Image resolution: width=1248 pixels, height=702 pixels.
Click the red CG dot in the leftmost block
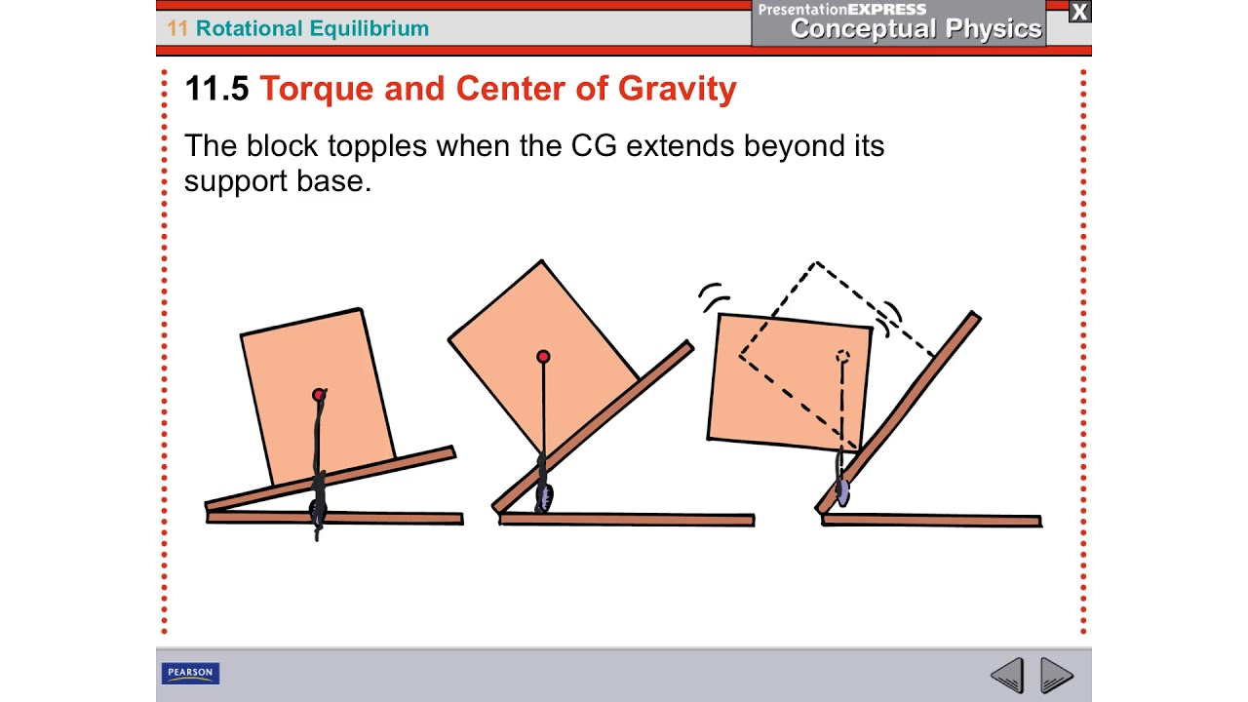click(x=318, y=395)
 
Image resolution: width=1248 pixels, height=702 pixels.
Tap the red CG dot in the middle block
click(x=543, y=358)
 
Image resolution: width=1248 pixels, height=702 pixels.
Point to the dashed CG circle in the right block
click(x=842, y=357)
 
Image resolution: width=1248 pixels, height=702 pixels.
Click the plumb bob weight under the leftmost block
click(x=318, y=508)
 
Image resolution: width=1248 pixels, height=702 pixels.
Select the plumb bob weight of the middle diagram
click(x=544, y=496)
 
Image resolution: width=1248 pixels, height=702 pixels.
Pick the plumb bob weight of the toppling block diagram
click(x=842, y=493)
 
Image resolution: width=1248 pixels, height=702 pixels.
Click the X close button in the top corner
click(x=1079, y=12)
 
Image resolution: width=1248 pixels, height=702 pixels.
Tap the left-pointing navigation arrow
click(x=1007, y=675)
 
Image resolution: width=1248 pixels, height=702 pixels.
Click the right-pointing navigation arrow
click(x=1057, y=675)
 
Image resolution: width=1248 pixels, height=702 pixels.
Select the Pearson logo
click(x=190, y=674)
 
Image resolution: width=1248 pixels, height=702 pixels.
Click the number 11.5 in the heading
click(x=216, y=89)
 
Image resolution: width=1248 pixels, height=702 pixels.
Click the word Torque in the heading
click(x=317, y=89)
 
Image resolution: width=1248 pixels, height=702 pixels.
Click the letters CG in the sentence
click(x=594, y=146)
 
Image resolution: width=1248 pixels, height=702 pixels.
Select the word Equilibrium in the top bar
click(x=368, y=28)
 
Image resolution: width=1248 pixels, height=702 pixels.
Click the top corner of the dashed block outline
click(x=816, y=262)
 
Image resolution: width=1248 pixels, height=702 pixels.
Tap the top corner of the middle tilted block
click(x=541, y=261)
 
